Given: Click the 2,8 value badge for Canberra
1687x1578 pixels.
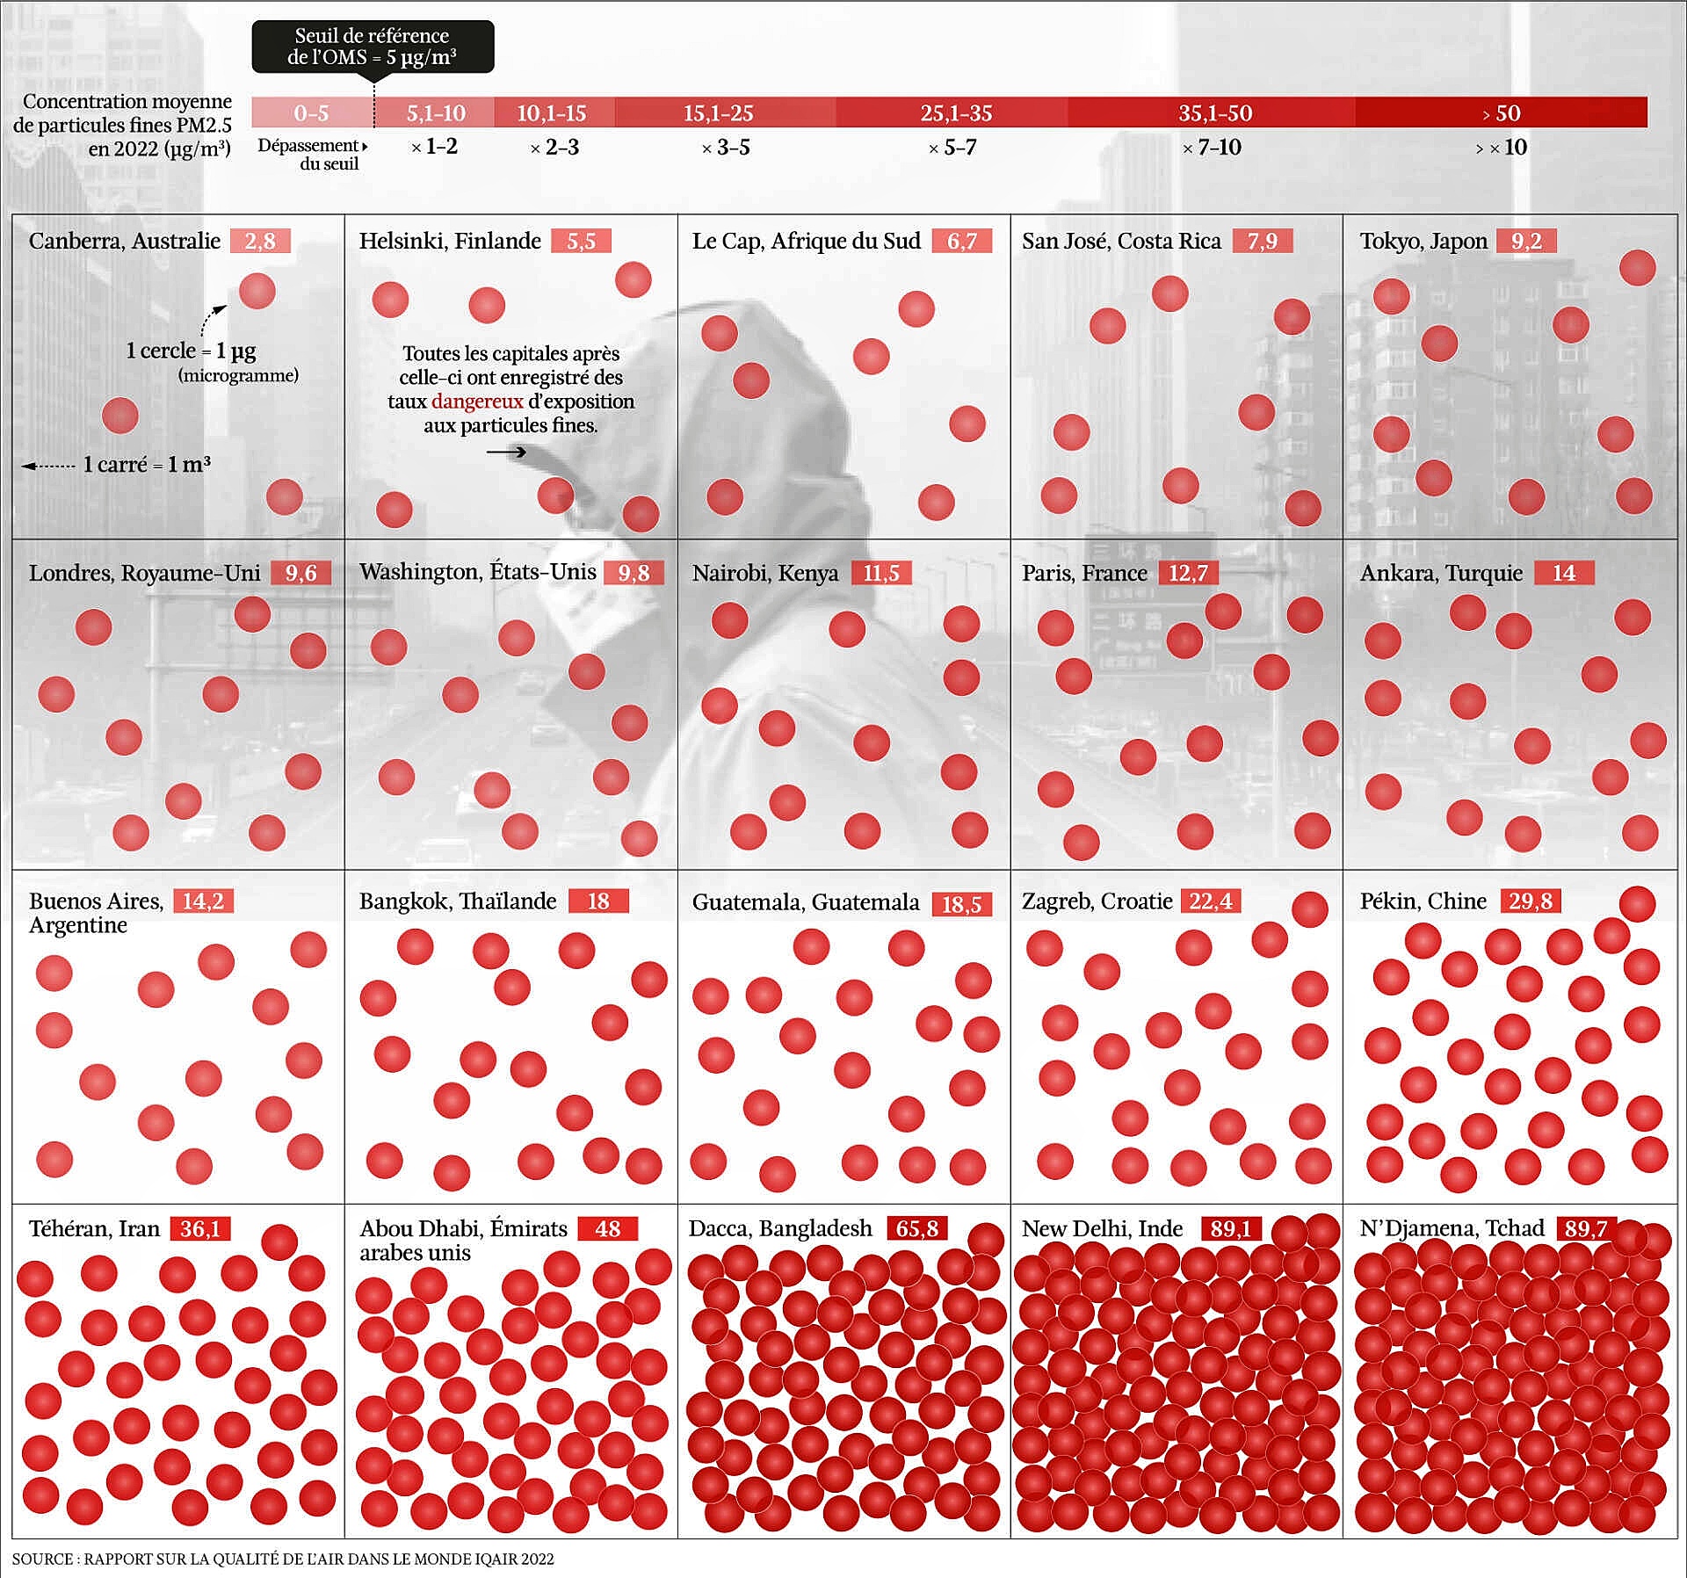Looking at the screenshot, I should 260,241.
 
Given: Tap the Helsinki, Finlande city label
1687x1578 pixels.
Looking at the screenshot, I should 450,241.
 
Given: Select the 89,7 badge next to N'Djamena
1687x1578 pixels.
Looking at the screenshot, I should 1585,1228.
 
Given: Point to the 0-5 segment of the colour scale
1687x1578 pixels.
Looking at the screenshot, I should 312,112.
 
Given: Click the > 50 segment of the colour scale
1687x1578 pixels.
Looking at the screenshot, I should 1501,112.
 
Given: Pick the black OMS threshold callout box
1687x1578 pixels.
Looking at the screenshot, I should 373,47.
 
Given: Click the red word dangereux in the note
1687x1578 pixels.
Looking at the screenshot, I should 477,402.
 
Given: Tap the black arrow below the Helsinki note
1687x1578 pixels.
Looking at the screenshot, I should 506,452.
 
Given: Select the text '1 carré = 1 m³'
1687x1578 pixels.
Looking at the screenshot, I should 147,465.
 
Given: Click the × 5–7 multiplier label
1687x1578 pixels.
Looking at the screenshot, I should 952,148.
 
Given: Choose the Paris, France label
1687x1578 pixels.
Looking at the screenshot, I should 1084,573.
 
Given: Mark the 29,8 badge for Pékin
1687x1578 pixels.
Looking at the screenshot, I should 1530,901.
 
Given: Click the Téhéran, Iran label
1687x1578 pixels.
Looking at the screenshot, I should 94,1228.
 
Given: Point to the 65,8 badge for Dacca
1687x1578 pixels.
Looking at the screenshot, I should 916,1228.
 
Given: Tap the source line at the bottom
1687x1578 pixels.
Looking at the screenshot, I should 283,1560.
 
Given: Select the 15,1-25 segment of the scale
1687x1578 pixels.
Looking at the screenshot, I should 718,112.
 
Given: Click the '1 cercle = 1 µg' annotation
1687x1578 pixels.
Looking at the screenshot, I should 191,351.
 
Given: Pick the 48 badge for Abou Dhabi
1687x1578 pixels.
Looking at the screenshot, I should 607,1228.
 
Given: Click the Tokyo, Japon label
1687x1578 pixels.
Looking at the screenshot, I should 1423,241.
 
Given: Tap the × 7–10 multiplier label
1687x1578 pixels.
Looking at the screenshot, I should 1212,148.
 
